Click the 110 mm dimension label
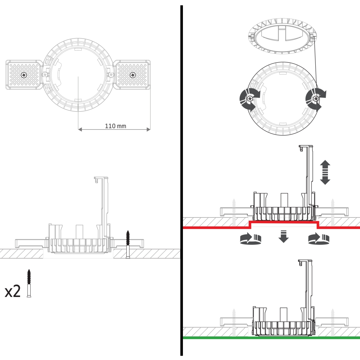coord(116,126)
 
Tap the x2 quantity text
coord(13,291)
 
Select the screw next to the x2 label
coord(29,283)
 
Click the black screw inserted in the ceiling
coord(128,244)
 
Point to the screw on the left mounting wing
coord(24,75)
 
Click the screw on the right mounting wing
coord(132,75)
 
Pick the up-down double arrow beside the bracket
coord(325,172)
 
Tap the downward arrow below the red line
coord(284,236)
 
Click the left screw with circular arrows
coord(249,99)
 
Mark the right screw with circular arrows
coord(316,99)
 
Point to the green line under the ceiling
coord(271,338)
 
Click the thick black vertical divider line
coord(181,180)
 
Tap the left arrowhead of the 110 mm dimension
coord(80,130)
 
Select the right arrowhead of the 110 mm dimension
coord(149,130)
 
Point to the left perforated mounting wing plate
coord(24,75)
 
